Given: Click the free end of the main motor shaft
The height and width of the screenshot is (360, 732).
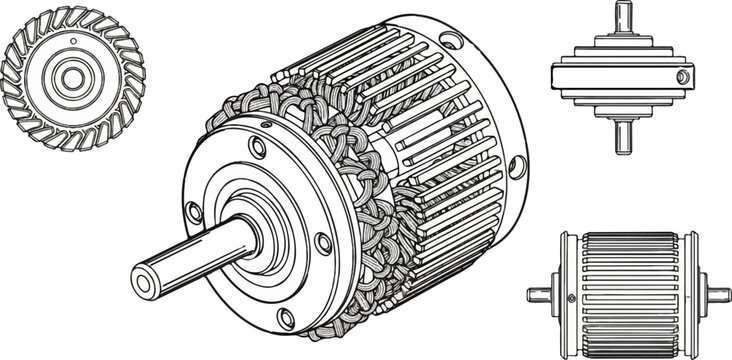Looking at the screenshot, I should [x=144, y=282].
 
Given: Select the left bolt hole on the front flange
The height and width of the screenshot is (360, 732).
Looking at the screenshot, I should [x=194, y=211].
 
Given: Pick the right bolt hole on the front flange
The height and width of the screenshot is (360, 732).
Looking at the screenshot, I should [x=322, y=242].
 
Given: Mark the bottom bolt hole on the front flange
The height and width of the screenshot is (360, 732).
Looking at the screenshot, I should [x=286, y=319].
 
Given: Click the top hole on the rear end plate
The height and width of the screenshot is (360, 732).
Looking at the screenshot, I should [x=447, y=43].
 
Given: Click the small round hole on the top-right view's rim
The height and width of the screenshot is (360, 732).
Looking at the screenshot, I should [x=683, y=76].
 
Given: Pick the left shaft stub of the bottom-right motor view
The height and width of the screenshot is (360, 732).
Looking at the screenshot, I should [x=540, y=294].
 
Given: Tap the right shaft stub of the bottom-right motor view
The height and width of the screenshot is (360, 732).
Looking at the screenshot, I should [x=717, y=294].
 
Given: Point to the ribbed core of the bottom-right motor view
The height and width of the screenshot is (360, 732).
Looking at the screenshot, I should [x=629, y=290].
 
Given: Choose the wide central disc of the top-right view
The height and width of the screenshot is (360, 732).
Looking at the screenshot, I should [x=620, y=76].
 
